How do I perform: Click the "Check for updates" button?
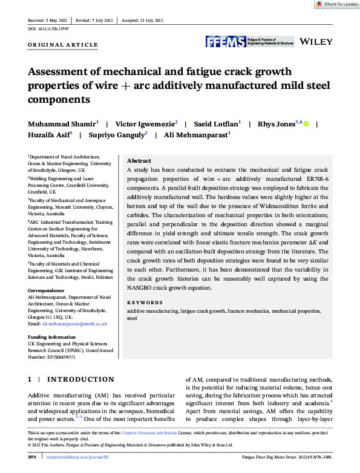[337, 4]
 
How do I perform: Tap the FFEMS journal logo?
[249, 41]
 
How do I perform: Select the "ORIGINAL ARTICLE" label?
[63, 45]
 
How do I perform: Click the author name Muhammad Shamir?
[61, 123]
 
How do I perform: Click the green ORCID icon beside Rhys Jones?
[306, 124]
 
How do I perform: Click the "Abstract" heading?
[139, 161]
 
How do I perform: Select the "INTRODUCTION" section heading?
[80, 379]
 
